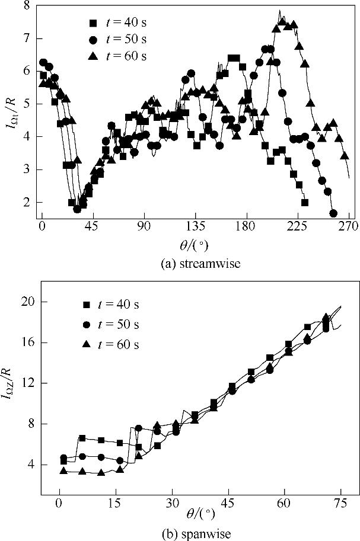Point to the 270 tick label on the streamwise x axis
(x=348, y=226)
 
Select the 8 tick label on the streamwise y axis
(x=27, y=6)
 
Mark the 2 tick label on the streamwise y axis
(x=27, y=203)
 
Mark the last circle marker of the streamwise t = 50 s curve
(x=333, y=213)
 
